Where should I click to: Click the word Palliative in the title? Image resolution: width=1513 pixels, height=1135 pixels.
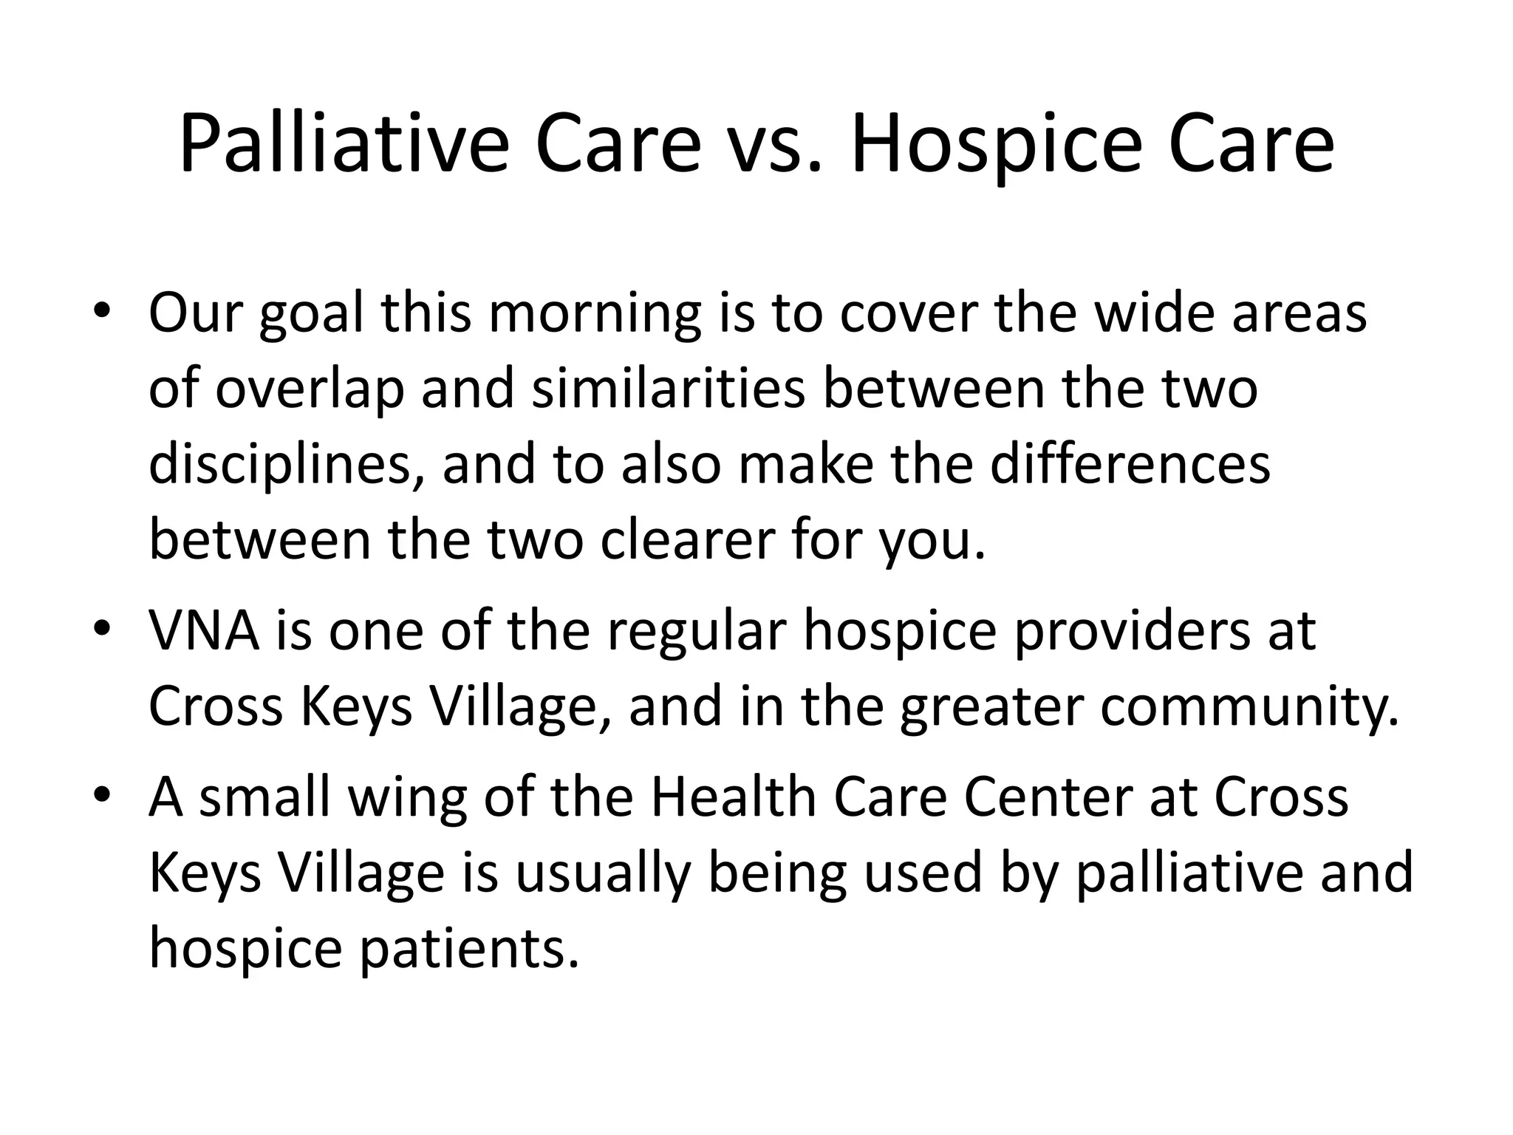[344, 144]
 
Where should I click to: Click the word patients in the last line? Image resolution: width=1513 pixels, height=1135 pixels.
[468, 950]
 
